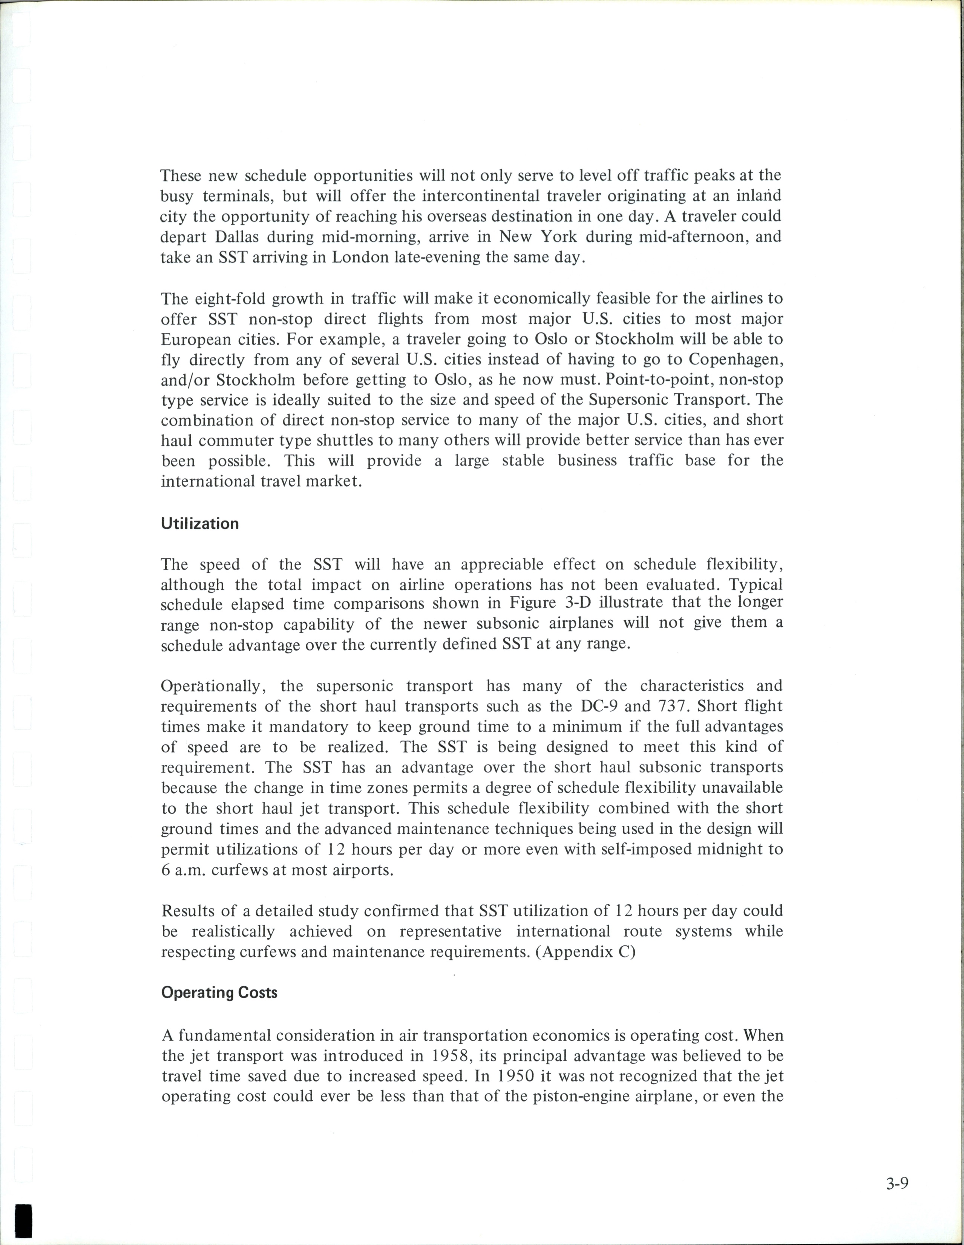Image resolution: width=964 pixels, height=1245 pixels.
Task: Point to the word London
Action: point(359,257)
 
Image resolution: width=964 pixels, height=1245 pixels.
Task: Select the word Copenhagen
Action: point(736,360)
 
